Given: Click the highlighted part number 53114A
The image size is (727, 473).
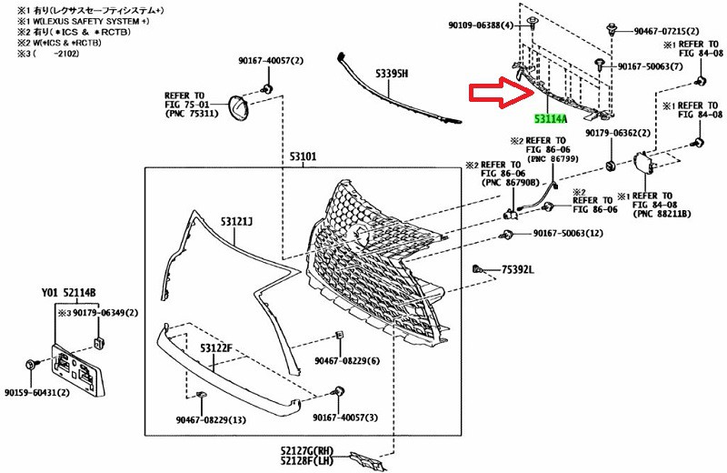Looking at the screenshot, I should [x=553, y=117].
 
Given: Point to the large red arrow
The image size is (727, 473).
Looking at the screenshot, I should [x=503, y=95].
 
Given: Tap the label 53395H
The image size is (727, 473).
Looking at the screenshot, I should [x=390, y=74].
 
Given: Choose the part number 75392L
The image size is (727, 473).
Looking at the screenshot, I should [x=517, y=270].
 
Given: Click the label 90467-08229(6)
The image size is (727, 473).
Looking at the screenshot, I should [x=350, y=361].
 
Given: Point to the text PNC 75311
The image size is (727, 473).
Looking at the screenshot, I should [x=193, y=115].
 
